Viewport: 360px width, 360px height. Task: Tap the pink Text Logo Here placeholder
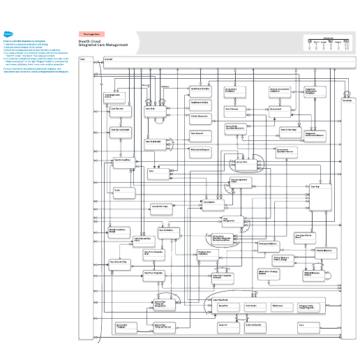(x=92, y=33)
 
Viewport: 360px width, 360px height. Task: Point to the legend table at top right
(x=327, y=43)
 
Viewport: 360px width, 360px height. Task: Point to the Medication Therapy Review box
(x=272, y=273)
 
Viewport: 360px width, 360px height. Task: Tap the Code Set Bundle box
(x=257, y=325)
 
